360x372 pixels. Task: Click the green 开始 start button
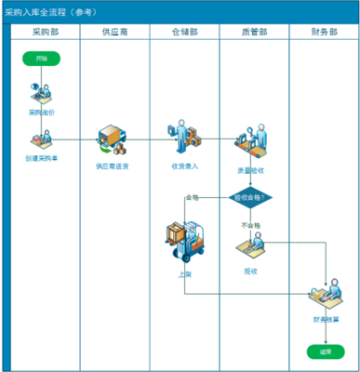[42, 59]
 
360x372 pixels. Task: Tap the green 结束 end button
[325, 352]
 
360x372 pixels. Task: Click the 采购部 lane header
[43, 33]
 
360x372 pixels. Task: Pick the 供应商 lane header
[114, 33]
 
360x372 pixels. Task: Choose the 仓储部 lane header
[184, 33]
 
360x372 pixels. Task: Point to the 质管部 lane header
[254, 33]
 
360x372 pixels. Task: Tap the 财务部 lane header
[324, 33]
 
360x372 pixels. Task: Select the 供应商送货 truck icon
[113, 141]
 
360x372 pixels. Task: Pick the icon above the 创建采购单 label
[42, 140]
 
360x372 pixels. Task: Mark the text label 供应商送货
[113, 167]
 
